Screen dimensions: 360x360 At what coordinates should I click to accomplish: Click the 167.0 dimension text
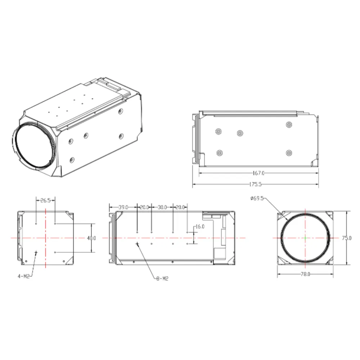click(258, 173)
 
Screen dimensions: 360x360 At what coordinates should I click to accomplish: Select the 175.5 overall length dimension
click(255, 184)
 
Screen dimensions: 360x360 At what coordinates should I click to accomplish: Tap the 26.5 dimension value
click(45, 200)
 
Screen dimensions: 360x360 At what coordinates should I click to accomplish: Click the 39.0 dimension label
click(123, 207)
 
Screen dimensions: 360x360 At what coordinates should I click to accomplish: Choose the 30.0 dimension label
click(162, 207)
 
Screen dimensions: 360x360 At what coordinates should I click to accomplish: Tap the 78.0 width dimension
click(305, 274)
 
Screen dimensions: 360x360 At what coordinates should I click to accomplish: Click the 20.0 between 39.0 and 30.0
click(144, 207)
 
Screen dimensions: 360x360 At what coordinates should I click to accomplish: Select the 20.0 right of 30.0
click(180, 207)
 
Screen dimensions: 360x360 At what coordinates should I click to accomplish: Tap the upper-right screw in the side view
click(288, 125)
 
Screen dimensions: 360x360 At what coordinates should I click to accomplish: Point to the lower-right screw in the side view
click(288, 153)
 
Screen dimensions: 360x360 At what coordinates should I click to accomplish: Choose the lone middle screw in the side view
click(240, 133)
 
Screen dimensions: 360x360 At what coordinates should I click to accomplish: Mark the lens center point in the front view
click(305, 238)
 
